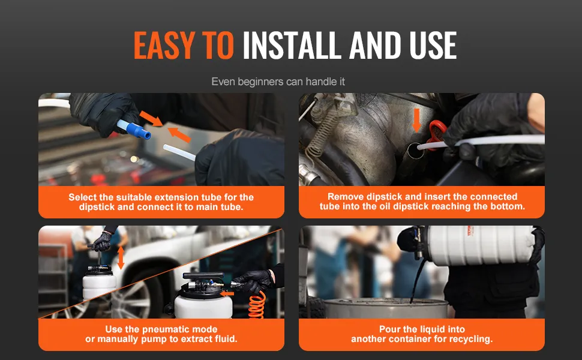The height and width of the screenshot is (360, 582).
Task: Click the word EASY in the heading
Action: coord(164,45)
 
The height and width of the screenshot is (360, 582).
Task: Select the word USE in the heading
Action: coord(433,45)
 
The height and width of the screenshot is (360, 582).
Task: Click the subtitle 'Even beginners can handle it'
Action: coord(278,82)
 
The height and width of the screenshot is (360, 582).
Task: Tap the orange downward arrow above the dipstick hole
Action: coord(416,120)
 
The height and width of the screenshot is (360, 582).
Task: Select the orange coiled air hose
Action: coord(257,305)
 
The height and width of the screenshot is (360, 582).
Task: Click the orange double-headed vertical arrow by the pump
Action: coord(121,258)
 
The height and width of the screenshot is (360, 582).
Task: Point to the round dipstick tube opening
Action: coord(415,151)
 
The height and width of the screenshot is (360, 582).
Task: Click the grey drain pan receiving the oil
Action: coord(386,308)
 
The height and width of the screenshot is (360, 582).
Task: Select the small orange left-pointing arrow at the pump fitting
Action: coord(227,293)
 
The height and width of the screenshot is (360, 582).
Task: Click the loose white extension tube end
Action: coord(179,152)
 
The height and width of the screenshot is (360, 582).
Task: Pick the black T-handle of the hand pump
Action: coord(203,276)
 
